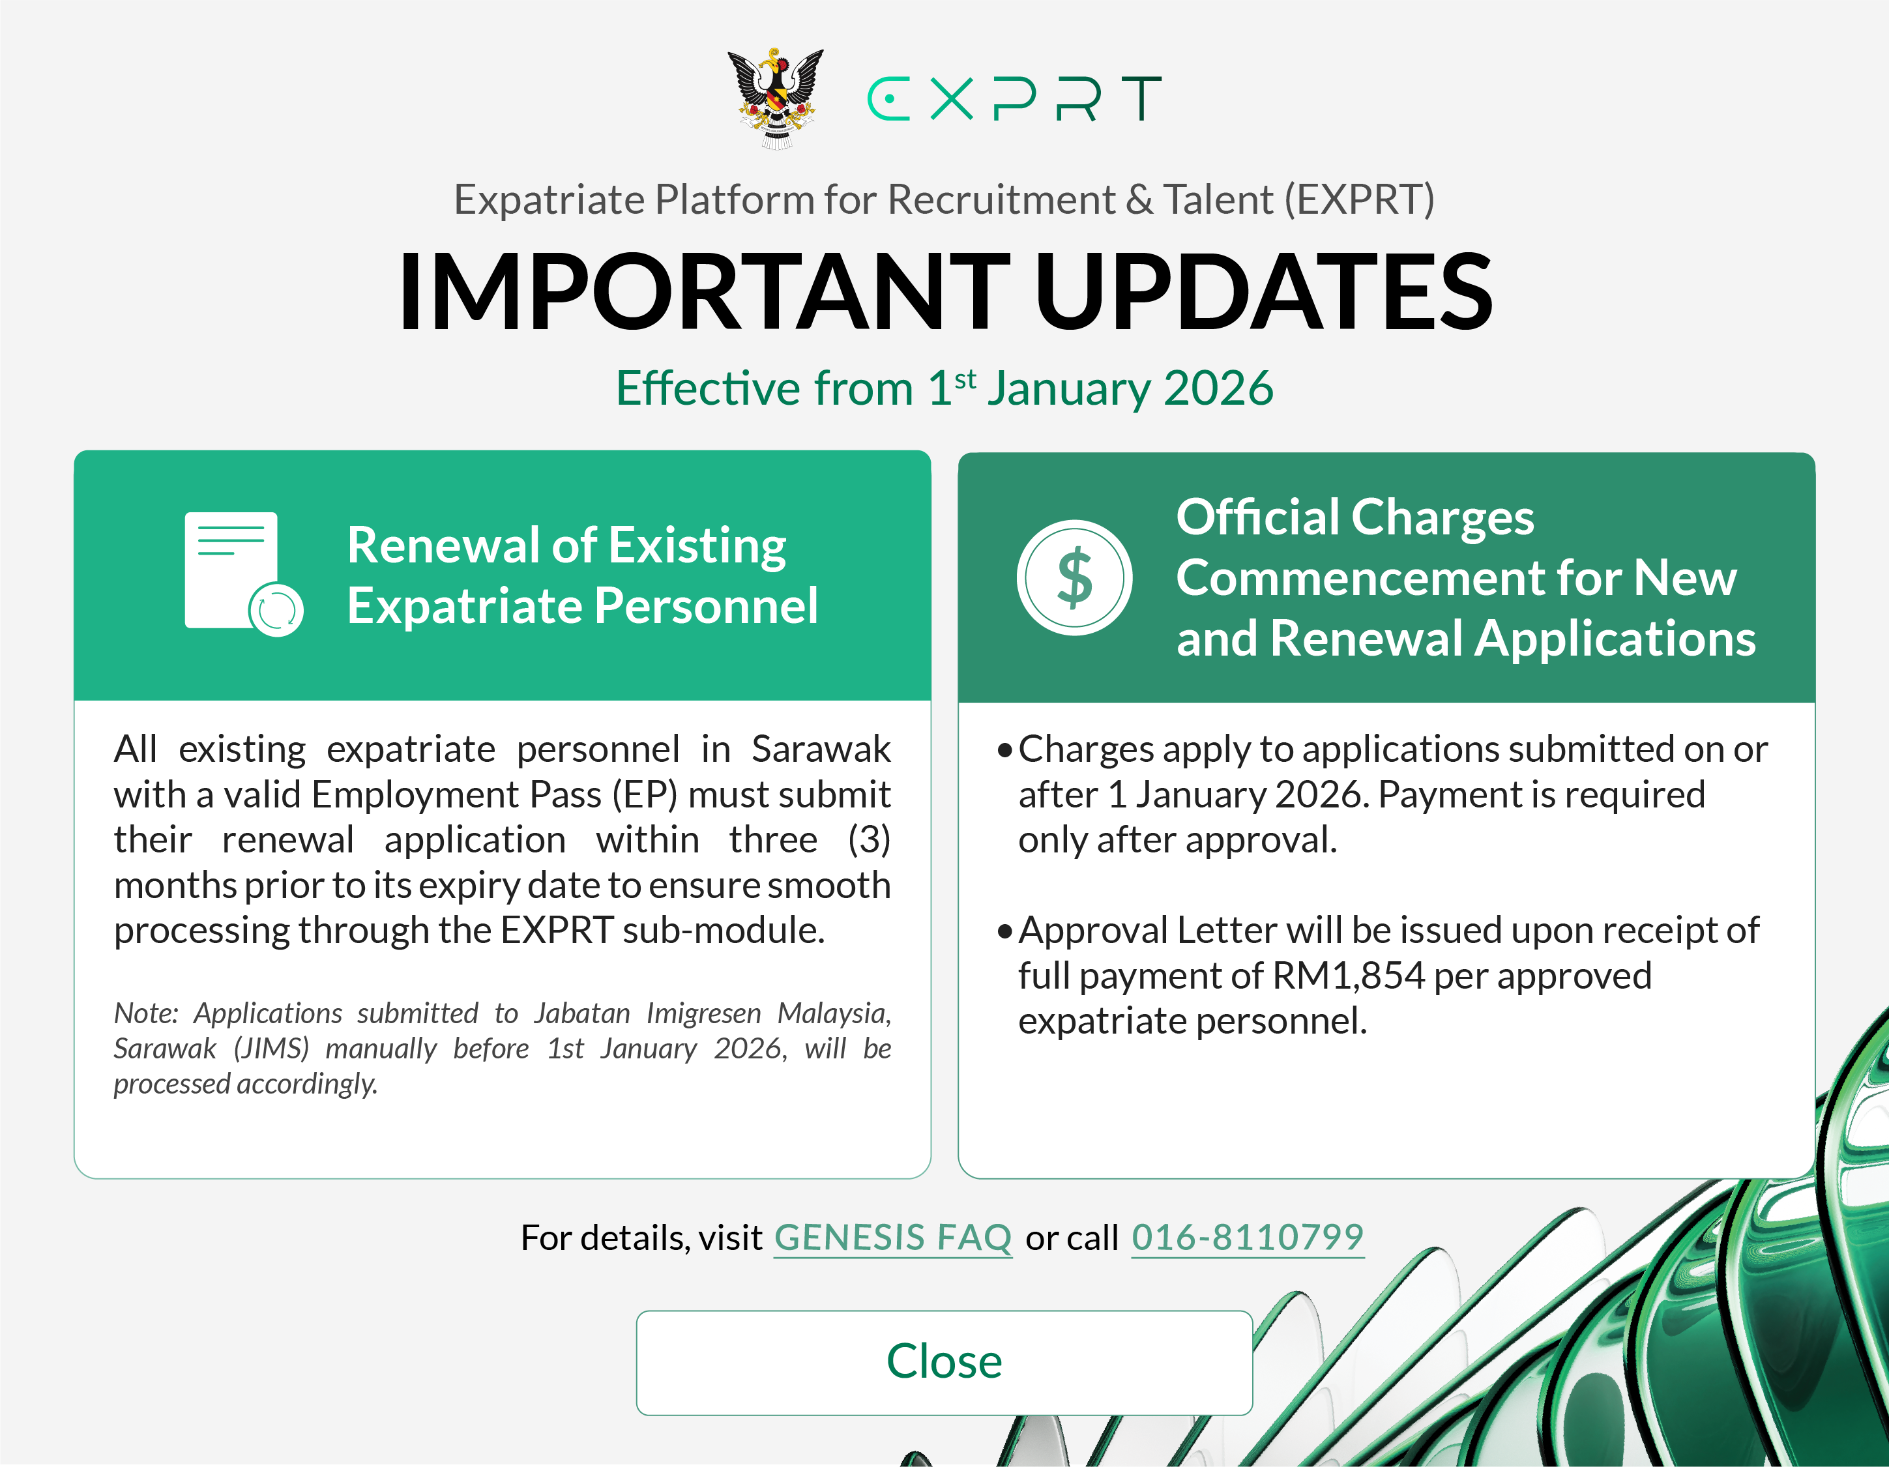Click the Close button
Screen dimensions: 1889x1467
point(944,1362)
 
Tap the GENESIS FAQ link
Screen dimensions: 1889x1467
point(892,1238)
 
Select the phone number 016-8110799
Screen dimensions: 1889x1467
point(1247,1238)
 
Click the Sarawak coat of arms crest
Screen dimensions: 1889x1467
point(776,98)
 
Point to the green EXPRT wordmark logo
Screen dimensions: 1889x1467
point(1014,98)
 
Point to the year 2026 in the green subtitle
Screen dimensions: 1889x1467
point(1219,388)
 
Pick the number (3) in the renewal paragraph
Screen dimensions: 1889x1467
point(870,840)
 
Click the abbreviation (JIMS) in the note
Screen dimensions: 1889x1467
point(272,1049)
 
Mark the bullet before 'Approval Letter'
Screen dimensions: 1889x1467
point(1004,931)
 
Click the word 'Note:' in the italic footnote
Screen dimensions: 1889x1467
point(146,1013)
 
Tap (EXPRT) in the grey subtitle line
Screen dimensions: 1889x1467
point(1359,200)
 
